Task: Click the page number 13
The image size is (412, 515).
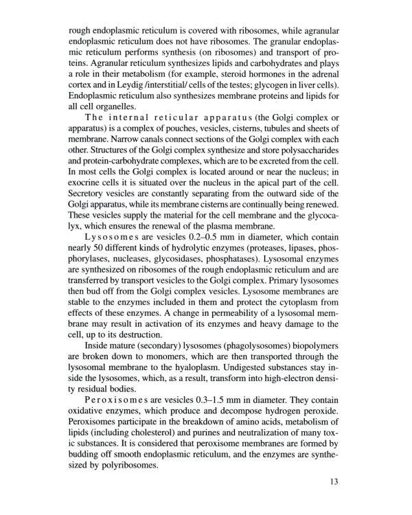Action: point(334,481)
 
